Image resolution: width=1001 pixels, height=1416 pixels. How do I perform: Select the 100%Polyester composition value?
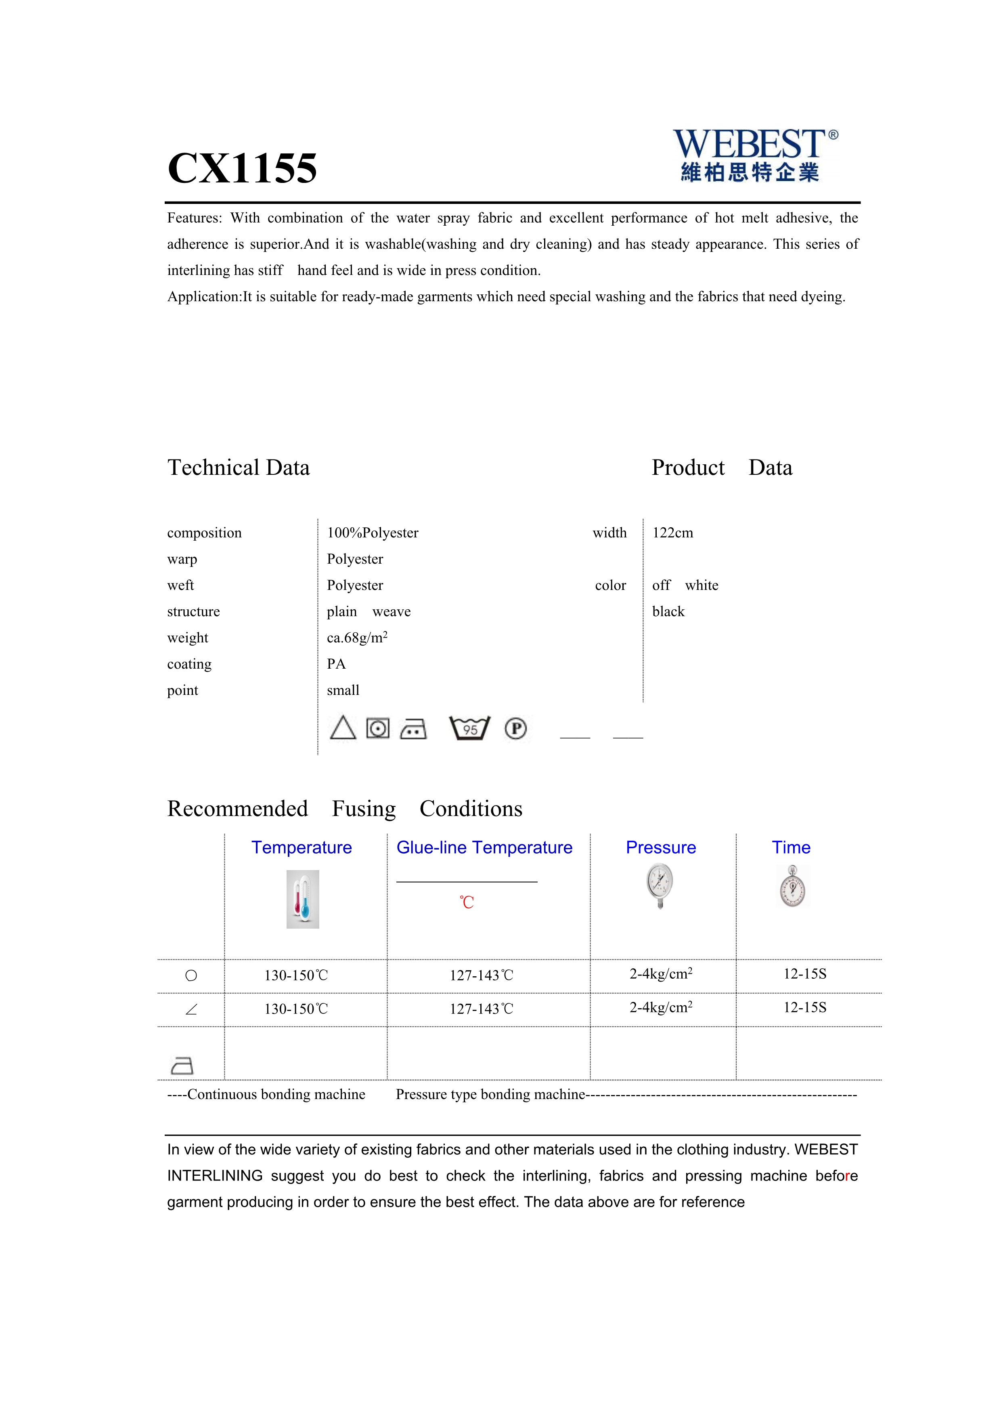click(372, 533)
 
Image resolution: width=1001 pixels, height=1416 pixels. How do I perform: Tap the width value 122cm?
click(672, 533)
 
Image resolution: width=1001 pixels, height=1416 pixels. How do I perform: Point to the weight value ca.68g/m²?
click(357, 638)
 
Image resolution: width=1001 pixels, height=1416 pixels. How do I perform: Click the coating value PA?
click(337, 664)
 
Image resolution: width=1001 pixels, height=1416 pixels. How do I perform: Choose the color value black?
click(668, 612)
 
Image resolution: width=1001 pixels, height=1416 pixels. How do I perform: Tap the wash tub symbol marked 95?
click(470, 728)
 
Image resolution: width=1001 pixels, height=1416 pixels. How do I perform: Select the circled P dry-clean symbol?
click(515, 728)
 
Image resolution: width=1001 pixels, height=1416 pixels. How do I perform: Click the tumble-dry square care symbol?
click(378, 728)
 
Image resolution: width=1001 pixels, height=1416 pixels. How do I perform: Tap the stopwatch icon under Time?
click(792, 887)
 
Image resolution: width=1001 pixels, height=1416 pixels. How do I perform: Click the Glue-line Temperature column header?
click(484, 848)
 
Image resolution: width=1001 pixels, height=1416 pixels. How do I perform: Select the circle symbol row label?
click(191, 975)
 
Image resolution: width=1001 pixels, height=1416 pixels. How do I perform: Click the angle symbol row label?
click(191, 1009)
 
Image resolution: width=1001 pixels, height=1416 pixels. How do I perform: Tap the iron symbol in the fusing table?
click(182, 1065)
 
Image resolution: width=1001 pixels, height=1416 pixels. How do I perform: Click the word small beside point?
click(343, 691)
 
